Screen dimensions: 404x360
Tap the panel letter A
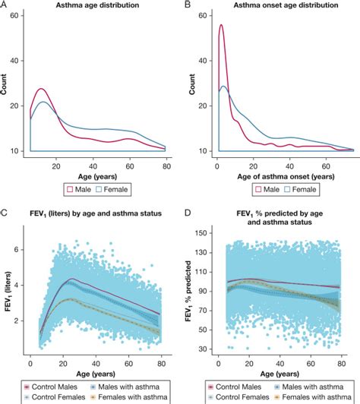(5, 6)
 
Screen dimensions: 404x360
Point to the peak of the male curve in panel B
(221, 25)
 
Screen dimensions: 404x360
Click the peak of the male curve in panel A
(41, 89)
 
